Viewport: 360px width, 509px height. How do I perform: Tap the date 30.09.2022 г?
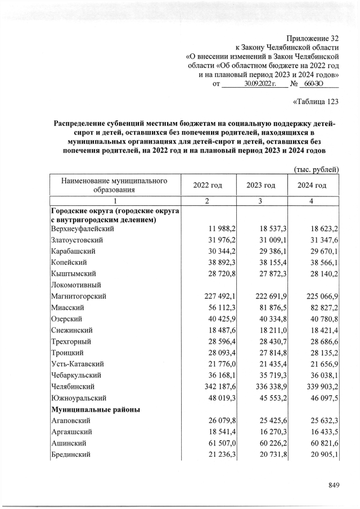(x=259, y=84)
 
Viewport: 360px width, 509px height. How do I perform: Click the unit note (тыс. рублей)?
(x=316, y=169)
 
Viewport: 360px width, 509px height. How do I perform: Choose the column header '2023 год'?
(x=260, y=186)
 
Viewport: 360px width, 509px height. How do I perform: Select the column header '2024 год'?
(x=312, y=186)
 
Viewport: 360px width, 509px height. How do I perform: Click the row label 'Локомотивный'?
(x=76, y=285)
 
